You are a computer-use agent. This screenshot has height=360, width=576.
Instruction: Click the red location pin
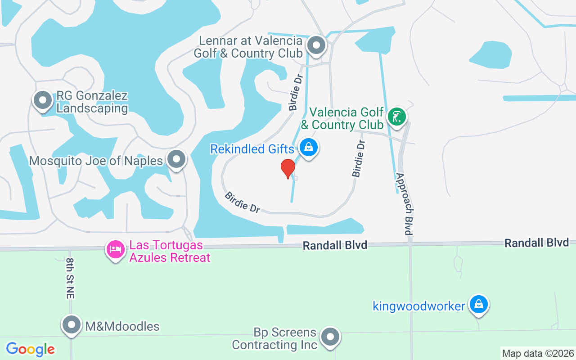(288, 168)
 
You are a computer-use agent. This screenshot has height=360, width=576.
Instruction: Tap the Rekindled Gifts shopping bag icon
(309, 147)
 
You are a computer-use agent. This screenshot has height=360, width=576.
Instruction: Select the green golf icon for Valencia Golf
(396, 117)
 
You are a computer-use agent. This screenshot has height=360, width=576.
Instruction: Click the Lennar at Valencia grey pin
(316, 45)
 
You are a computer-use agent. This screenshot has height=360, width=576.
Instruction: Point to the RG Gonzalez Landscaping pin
(43, 99)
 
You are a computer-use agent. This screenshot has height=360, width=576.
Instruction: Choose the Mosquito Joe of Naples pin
(176, 159)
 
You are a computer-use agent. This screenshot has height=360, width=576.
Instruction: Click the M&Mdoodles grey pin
(71, 324)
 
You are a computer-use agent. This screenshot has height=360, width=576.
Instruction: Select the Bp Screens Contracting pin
(331, 336)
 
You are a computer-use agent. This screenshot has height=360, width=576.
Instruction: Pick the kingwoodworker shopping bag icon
(479, 305)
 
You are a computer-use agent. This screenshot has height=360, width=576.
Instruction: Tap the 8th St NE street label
(70, 278)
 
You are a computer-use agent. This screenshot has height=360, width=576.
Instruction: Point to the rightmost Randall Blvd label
(536, 243)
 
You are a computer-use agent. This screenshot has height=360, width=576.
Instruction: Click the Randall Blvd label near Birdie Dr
(335, 245)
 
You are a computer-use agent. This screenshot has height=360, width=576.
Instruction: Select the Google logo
(30, 349)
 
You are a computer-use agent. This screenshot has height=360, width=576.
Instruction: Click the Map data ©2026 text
(538, 353)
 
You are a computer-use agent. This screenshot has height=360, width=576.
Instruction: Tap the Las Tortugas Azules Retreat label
(170, 252)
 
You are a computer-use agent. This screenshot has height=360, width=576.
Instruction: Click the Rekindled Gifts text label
(252, 149)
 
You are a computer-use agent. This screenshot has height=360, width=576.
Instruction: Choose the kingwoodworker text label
(418, 306)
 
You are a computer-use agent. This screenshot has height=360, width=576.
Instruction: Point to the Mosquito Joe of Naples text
(96, 161)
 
